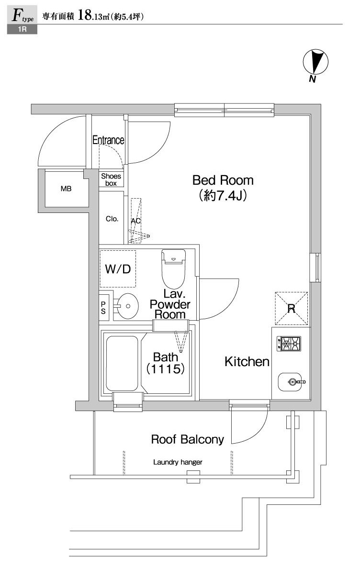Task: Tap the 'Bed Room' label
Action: tap(223, 180)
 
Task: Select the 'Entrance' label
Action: tap(108, 140)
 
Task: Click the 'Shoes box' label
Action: tap(111, 179)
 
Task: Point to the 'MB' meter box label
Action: tap(66, 189)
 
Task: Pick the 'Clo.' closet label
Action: tap(112, 219)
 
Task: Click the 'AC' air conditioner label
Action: tap(135, 221)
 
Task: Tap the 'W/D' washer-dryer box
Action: tap(118, 268)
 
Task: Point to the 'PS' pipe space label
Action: tap(103, 306)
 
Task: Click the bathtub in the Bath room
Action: tap(122, 364)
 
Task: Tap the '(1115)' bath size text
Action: tap(166, 369)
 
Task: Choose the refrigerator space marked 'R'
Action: tap(291, 307)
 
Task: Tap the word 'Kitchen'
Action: tap(247, 362)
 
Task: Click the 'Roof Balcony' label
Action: tap(188, 439)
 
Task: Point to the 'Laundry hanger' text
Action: tap(178, 462)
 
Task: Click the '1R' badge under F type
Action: tap(22, 30)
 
